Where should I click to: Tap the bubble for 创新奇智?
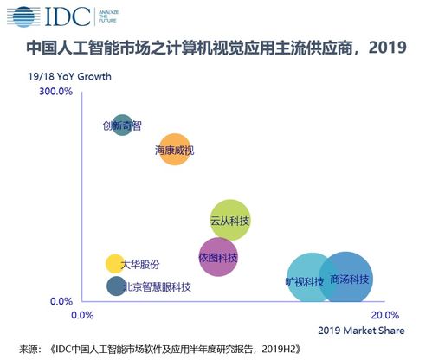pyautogui.click(x=123, y=125)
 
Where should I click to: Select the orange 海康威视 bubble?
pyautogui.click(x=175, y=150)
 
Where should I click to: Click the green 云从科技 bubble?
pyautogui.click(x=230, y=222)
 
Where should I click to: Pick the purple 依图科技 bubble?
pyautogui.click(x=218, y=257)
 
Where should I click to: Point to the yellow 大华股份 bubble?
pyautogui.click(x=115, y=264)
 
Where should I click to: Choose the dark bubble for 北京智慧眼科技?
pyautogui.click(x=116, y=286)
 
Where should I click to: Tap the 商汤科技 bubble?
pyautogui.click(x=346, y=279)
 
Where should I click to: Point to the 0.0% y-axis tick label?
pyautogui.click(x=61, y=301)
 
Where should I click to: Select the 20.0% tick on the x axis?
pyautogui.click(x=384, y=314)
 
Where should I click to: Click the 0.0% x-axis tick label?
pyautogui.click(x=81, y=314)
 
